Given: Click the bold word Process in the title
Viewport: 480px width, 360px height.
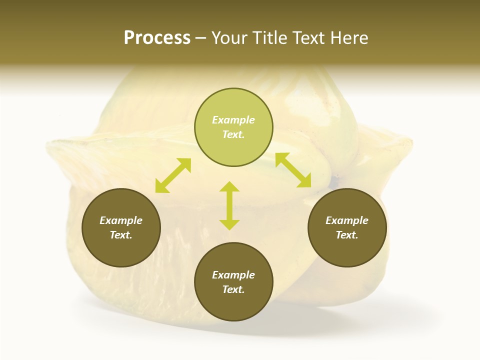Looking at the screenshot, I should pos(157,37).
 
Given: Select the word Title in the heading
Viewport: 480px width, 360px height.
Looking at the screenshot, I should pos(269,37).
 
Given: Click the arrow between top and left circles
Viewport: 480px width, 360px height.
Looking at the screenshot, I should pos(173,175).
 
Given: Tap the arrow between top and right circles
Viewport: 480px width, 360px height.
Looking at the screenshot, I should pos(293,170).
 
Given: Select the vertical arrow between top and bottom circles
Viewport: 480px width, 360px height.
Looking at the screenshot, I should pos(229,205).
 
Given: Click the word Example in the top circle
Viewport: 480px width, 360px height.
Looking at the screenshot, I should pos(233,120).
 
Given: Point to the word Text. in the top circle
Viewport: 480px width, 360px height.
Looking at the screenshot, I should pos(233,134).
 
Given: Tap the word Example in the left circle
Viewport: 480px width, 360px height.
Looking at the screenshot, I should pos(121,220).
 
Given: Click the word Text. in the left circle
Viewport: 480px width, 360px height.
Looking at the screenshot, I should pos(121,235).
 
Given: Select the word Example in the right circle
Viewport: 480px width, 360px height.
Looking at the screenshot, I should pos(347,220).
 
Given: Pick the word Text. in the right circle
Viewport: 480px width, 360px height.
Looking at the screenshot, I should pos(347,235).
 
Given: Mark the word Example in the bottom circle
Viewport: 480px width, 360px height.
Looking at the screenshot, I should pos(233,275).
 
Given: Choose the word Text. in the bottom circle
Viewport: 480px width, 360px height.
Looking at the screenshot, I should pos(233,289).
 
